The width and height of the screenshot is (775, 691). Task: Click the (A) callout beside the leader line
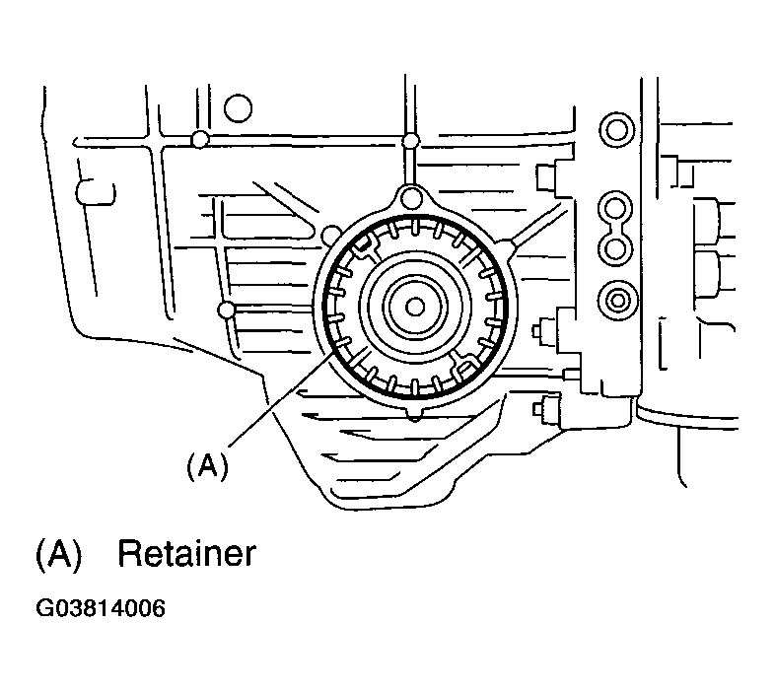(x=208, y=466)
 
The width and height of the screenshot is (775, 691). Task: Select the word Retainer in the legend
(x=186, y=554)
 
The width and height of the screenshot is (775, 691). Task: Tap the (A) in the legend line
(x=58, y=555)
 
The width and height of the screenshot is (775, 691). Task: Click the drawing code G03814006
(x=101, y=608)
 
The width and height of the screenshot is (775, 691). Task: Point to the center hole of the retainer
(x=415, y=307)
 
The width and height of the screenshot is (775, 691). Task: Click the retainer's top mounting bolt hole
(x=411, y=198)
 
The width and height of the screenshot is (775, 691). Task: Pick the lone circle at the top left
(x=238, y=107)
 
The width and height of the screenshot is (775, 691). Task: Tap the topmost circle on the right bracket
(x=616, y=130)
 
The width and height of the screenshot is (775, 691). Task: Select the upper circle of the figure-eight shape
(x=615, y=208)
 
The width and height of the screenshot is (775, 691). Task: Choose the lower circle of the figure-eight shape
(x=615, y=247)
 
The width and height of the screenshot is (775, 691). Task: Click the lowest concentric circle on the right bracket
(x=617, y=300)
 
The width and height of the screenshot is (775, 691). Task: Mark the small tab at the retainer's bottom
(x=415, y=414)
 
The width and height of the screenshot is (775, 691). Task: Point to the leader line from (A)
(x=280, y=400)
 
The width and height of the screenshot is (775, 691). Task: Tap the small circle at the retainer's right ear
(x=507, y=245)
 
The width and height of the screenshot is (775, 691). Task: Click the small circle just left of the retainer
(x=330, y=236)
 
